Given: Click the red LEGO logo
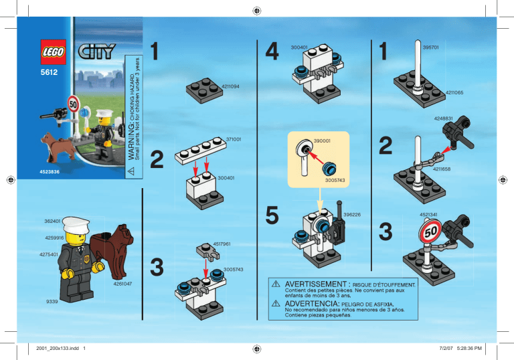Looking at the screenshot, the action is (53, 52).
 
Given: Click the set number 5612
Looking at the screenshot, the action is (49, 72).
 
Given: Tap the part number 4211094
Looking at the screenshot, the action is (230, 86).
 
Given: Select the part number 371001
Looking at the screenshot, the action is (234, 139).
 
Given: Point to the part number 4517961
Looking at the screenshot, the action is (222, 244).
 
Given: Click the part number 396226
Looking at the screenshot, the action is (352, 214).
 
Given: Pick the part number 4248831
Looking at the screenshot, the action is (443, 118).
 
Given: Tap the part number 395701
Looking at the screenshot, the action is (431, 48).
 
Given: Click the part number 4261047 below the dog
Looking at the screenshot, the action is (122, 284).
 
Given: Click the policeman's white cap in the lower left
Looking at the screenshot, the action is (76, 225).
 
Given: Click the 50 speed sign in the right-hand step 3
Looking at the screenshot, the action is (430, 232).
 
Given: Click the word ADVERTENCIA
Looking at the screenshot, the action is (311, 304).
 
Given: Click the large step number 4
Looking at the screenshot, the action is (272, 52).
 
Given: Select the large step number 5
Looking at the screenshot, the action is (272, 215).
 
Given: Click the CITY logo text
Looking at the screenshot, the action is (96, 52).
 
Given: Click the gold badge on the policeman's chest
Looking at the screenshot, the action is (86, 260).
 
